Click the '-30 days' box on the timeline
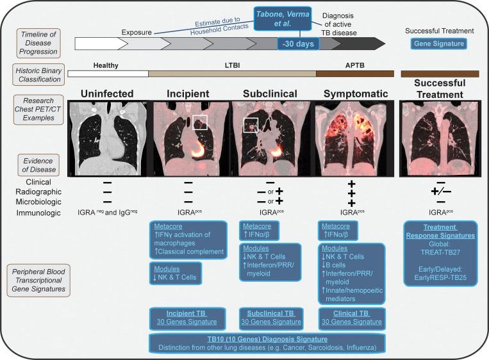[x=299, y=44]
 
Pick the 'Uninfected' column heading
[x=107, y=93]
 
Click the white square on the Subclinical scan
[x=251, y=126]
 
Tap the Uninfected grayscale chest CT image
[x=106, y=138]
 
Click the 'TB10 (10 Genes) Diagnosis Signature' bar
[x=268, y=343]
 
